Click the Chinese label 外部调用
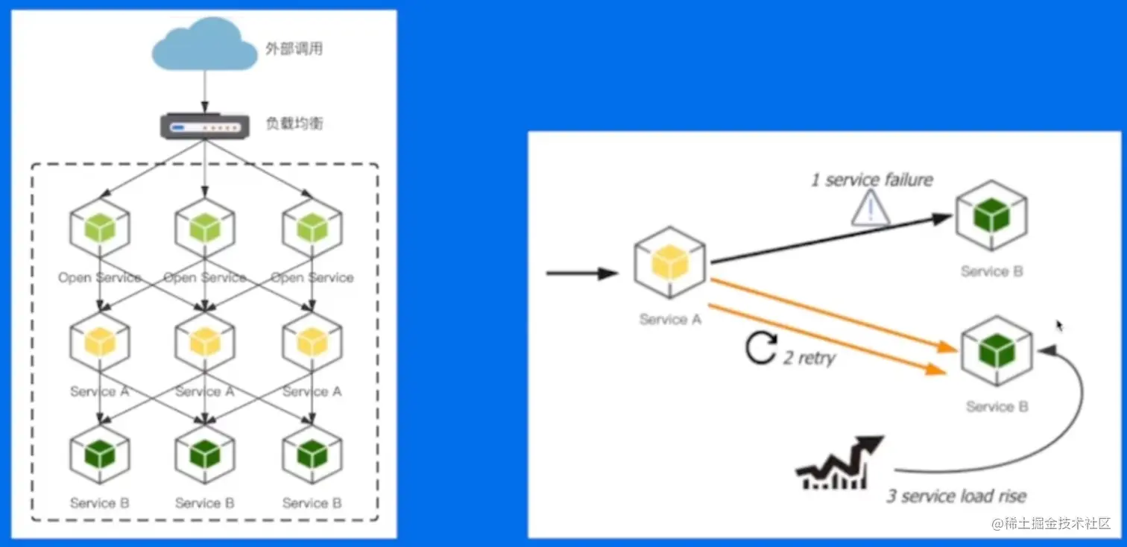(294, 50)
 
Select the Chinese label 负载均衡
(294, 124)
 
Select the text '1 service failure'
(871, 180)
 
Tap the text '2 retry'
(809, 358)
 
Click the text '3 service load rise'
(956, 496)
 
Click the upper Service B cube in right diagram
(991, 215)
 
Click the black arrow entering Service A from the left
(581, 273)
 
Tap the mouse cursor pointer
(1059, 326)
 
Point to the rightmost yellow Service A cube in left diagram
(312, 341)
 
